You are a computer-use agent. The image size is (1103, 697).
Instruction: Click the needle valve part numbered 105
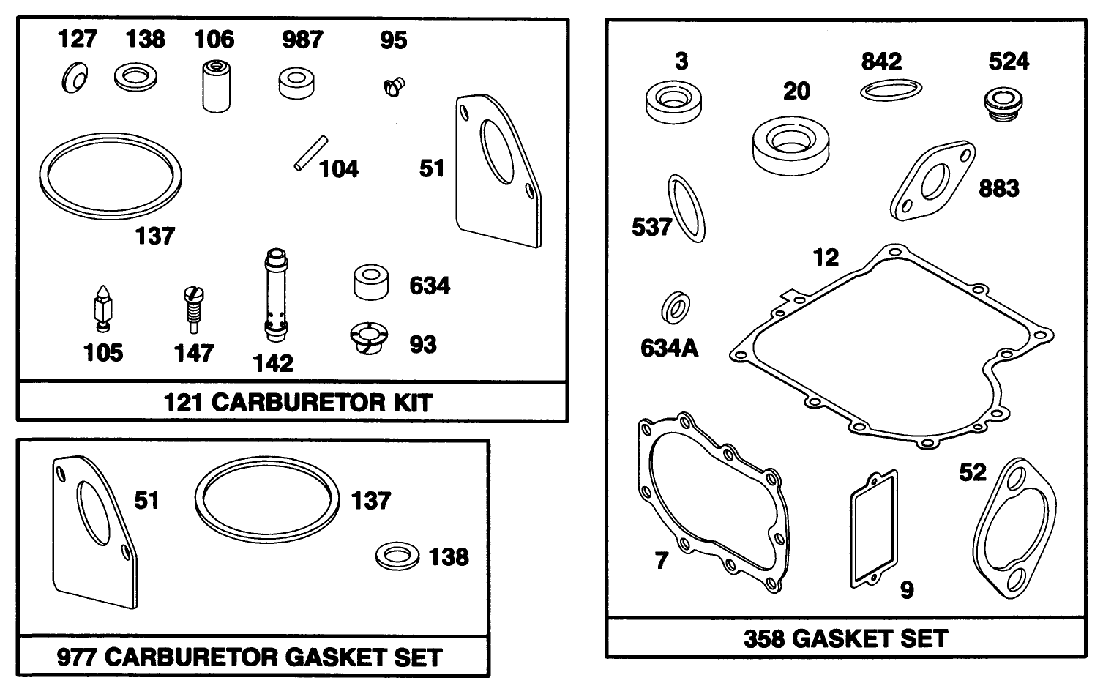click(102, 308)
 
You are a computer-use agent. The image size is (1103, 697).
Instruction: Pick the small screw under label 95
click(394, 88)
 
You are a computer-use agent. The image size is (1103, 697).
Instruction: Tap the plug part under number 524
click(1002, 102)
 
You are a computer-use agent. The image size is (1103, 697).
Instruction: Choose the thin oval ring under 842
click(890, 89)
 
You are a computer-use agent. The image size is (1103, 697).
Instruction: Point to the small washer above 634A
click(676, 307)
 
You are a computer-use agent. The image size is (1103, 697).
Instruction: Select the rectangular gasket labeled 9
click(873, 529)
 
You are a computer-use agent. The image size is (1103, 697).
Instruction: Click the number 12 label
click(826, 257)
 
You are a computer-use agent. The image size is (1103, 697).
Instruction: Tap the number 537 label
click(651, 227)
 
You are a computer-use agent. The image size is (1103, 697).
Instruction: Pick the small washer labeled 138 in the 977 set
click(397, 556)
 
